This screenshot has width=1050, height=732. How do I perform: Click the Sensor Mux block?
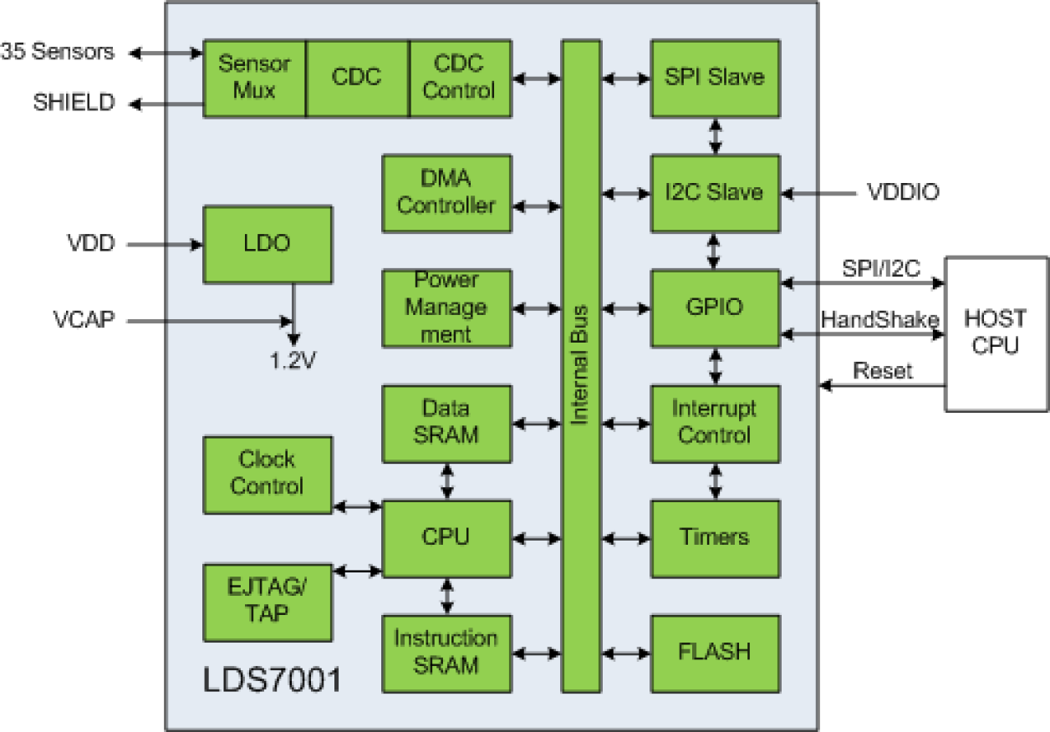tap(254, 78)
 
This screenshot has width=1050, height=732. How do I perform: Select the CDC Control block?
tap(459, 78)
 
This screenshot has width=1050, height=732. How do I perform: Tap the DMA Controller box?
tap(446, 193)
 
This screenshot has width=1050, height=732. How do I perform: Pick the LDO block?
tap(268, 245)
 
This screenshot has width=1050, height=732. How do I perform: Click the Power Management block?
tap(446, 308)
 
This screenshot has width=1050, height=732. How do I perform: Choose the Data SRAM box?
tap(446, 423)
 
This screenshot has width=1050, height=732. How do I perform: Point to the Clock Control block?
tap(268, 474)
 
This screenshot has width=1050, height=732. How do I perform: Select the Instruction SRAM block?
tap(446, 653)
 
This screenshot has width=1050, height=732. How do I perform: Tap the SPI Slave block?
tap(715, 78)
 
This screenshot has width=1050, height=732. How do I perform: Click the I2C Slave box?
tap(715, 193)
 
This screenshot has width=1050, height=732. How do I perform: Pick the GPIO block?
tap(715, 308)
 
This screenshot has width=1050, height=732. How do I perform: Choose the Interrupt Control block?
tap(715, 423)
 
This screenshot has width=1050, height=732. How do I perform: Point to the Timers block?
tap(715, 537)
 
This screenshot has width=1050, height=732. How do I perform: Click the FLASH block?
tap(715, 653)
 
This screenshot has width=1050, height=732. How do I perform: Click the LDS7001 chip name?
tap(273, 681)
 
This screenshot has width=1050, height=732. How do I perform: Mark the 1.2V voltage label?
tap(293, 361)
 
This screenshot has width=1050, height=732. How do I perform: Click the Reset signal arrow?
tap(883, 385)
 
